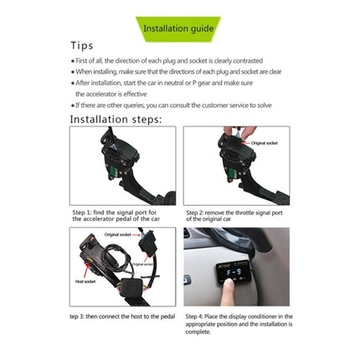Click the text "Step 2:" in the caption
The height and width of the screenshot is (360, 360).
[197, 213]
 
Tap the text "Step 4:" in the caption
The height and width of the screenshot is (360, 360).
[197, 316]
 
